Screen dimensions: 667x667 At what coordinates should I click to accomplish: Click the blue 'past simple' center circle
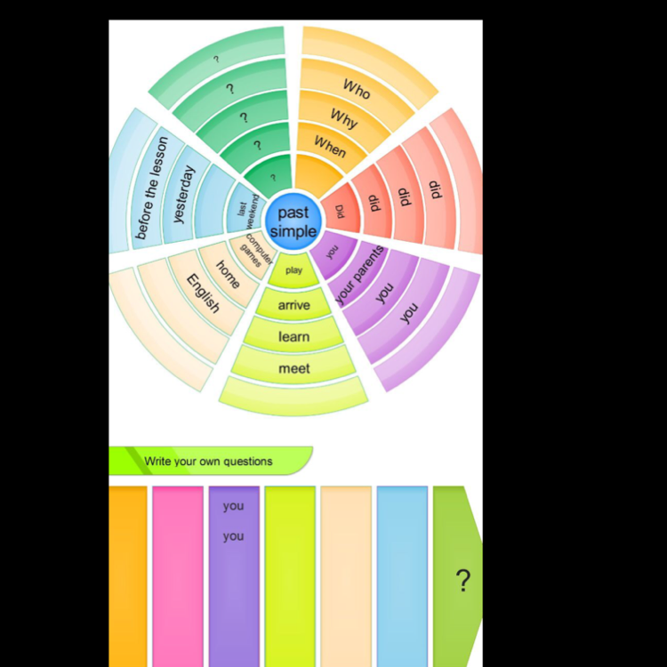click(x=293, y=221)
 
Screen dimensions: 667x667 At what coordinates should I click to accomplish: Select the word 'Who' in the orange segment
click(x=357, y=88)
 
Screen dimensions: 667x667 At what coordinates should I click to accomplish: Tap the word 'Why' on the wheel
click(x=343, y=117)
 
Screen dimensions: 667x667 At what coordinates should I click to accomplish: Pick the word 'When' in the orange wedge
click(x=330, y=146)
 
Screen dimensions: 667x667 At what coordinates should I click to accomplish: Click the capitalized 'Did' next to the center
click(x=340, y=212)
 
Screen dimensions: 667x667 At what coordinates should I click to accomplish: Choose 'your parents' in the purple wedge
click(x=359, y=275)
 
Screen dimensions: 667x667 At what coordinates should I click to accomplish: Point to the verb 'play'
click(x=293, y=269)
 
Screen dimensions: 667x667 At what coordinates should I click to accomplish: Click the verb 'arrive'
click(x=294, y=305)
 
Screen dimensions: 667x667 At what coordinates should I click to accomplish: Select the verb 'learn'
click(x=294, y=337)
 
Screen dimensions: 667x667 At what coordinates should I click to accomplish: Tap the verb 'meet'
click(x=294, y=368)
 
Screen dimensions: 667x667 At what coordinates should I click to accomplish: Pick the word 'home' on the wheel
click(x=228, y=274)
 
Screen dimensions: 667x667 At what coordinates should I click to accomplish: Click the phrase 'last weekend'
click(x=247, y=213)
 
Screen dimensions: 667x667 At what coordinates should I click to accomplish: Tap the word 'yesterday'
click(x=182, y=195)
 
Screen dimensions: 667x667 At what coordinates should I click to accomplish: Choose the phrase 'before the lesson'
click(x=151, y=188)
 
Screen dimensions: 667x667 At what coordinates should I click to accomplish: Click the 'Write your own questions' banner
click(x=209, y=461)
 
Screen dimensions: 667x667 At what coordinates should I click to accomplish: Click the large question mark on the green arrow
click(x=462, y=581)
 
